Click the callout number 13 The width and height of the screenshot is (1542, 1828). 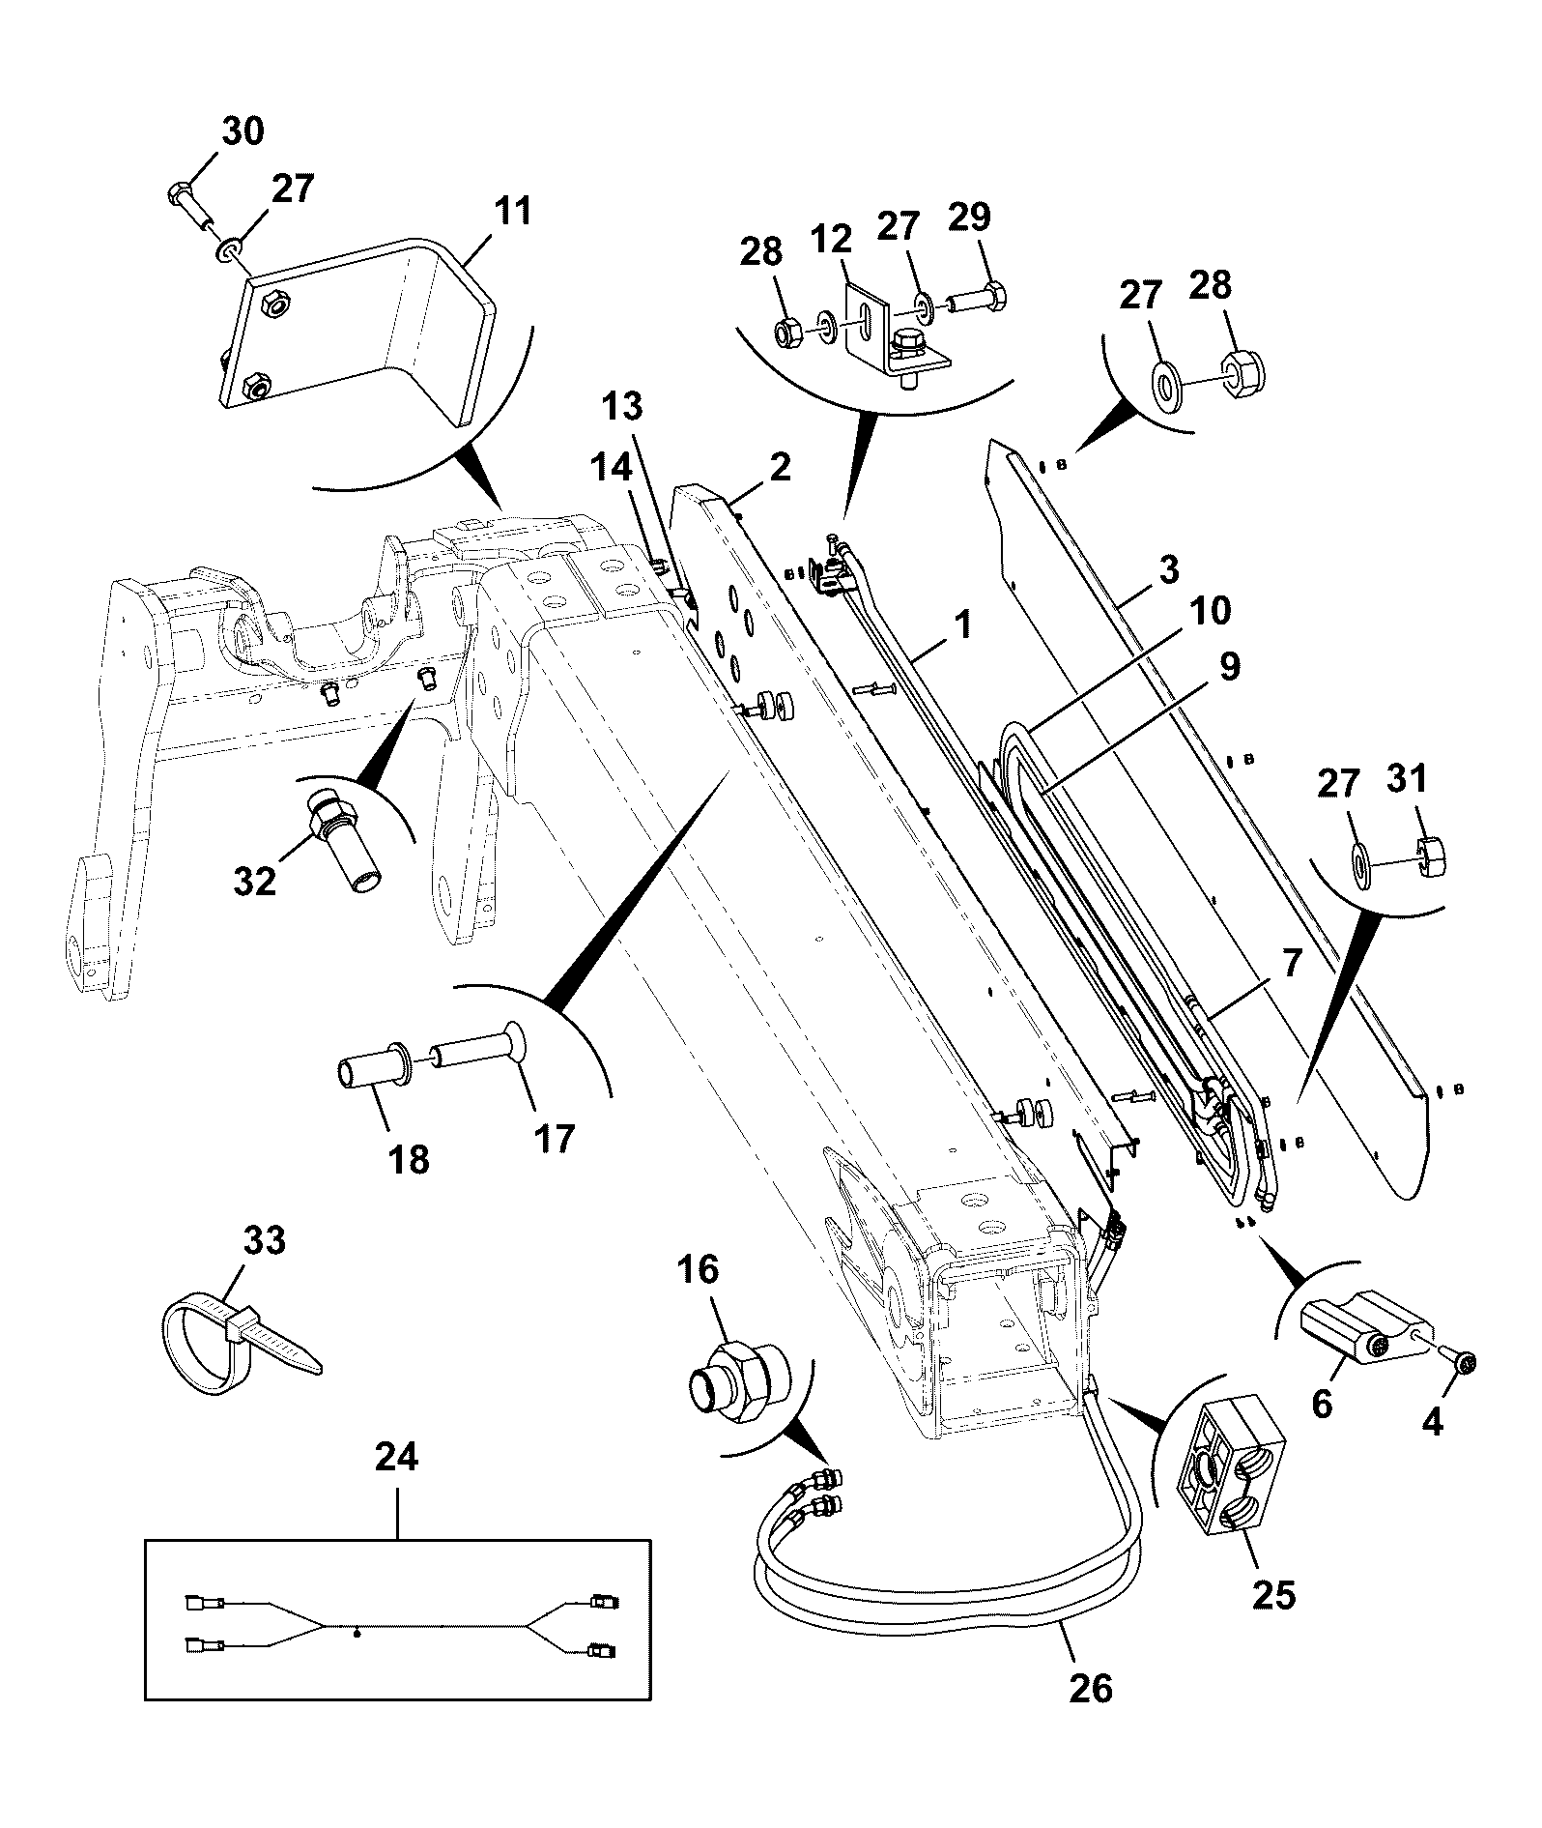coord(623,406)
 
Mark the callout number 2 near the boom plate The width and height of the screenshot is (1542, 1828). coord(780,466)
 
